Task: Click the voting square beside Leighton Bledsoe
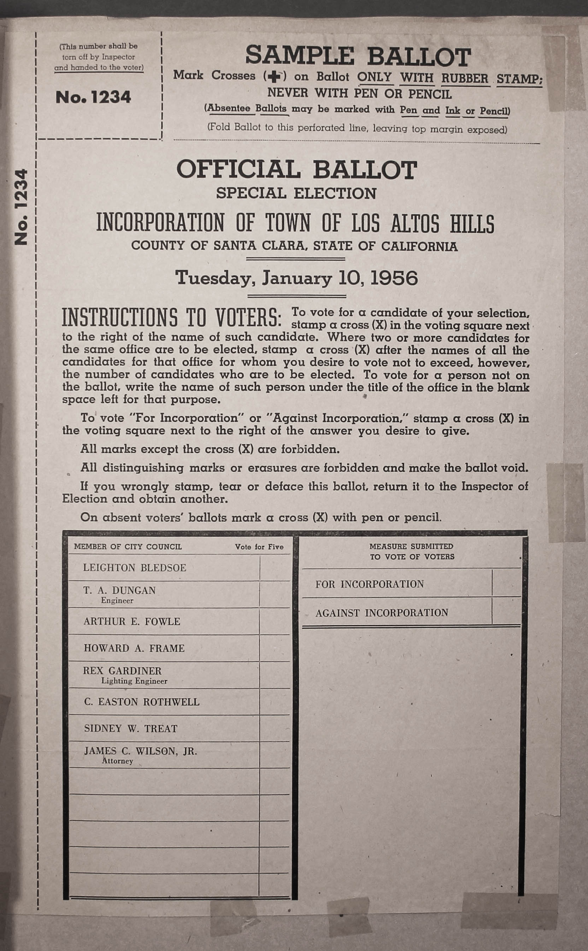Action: [x=275, y=568]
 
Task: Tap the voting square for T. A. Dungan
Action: [x=275, y=594]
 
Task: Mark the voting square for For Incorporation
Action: [x=506, y=583]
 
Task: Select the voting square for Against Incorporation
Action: [x=506, y=612]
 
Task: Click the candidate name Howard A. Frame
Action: [x=134, y=648]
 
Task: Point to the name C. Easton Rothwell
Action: [x=142, y=702]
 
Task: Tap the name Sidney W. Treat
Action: [x=131, y=728]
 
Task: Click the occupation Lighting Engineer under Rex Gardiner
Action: [x=134, y=681]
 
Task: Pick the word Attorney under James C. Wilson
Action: [x=117, y=761]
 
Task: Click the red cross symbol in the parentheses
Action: [x=275, y=77]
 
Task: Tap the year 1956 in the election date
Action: [x=394, y=278]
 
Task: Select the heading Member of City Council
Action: [x=128, y=547]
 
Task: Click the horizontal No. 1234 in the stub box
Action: [x=93, y=97]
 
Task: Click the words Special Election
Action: [x=296, y=193]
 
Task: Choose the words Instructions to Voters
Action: [x=171, y=318]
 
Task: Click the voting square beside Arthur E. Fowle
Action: [x=275, y=621]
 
